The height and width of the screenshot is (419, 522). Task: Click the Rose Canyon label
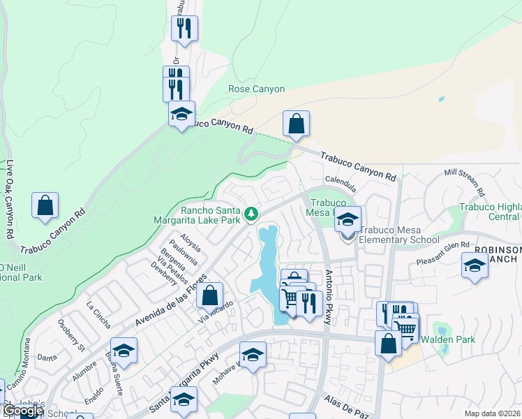point(257,89)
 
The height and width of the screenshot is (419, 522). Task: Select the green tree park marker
point(251,213)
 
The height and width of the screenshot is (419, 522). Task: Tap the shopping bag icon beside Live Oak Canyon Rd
point(45,205)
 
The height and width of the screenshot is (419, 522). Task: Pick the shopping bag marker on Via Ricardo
point(209,295)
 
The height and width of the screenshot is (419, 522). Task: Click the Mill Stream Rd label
point(464,182)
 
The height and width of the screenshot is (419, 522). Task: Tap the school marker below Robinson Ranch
point(475,265)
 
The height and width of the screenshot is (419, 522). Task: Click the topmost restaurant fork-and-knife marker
point(184,29)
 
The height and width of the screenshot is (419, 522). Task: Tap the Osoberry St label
point(71,335)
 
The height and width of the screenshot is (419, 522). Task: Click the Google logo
point(22,411)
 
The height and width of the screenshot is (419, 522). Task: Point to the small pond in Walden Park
point(440,329)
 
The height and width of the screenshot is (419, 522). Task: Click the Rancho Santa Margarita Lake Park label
point(210,215)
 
